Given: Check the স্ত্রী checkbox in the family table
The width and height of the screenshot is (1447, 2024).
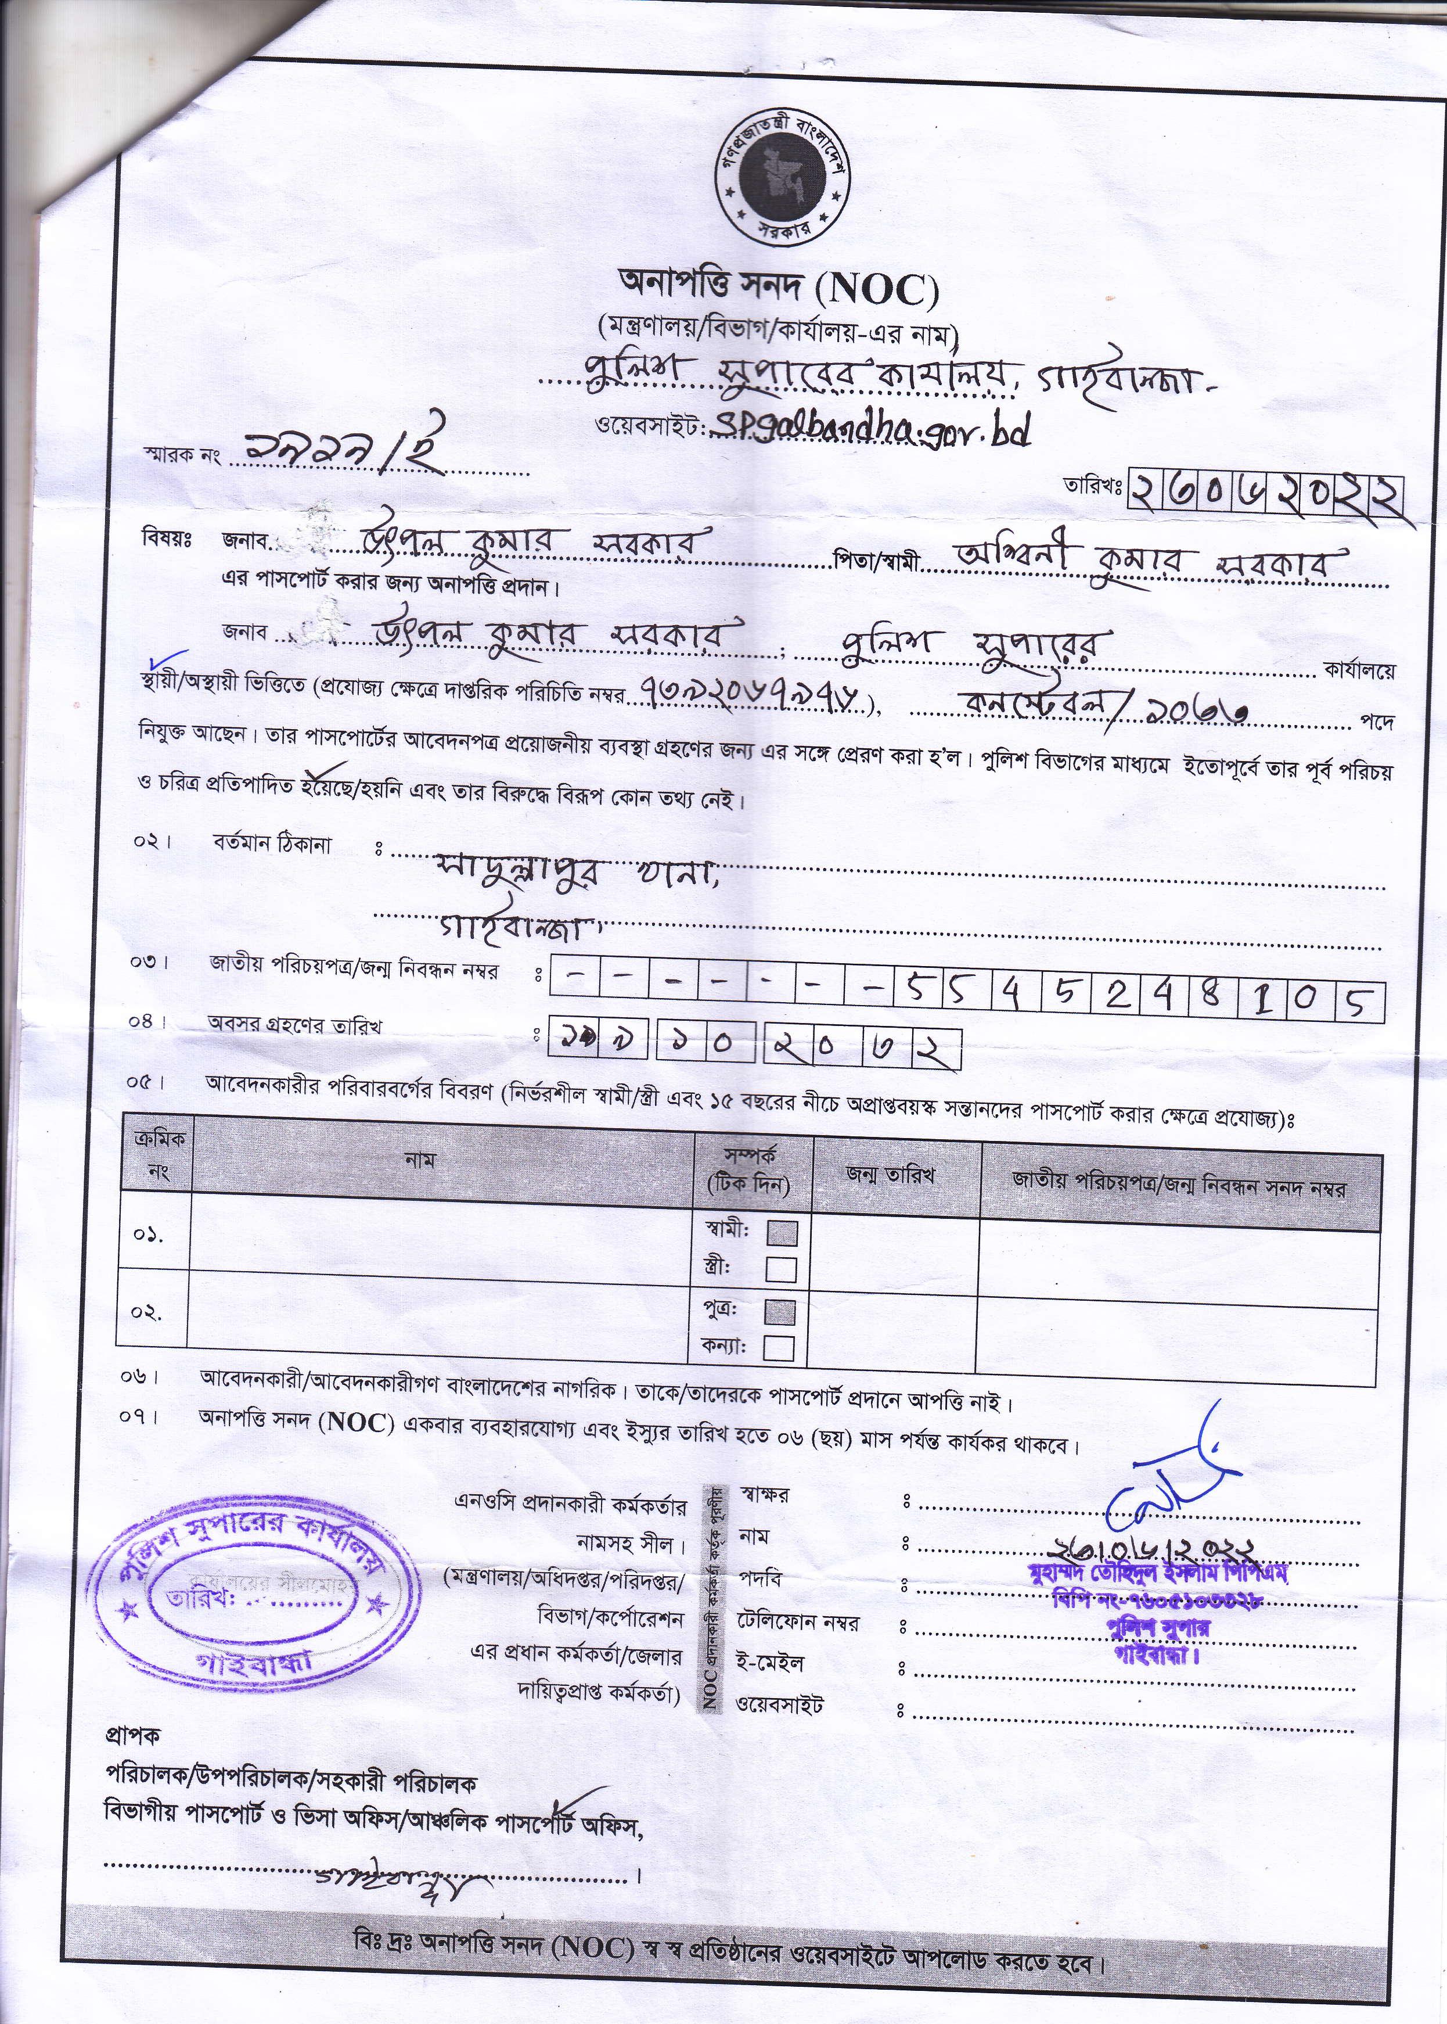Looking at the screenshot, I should pyautogui.click(x=780, y=1268).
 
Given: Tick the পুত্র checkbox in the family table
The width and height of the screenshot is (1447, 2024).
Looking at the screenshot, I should pyautogui.click(x=780, y=1312).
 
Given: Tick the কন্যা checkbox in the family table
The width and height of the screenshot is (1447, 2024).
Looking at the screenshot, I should pyautogui.click(x=779, y=1348).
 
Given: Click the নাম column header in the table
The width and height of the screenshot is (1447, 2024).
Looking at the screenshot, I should pyautogui.click(x=420, y=1160).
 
